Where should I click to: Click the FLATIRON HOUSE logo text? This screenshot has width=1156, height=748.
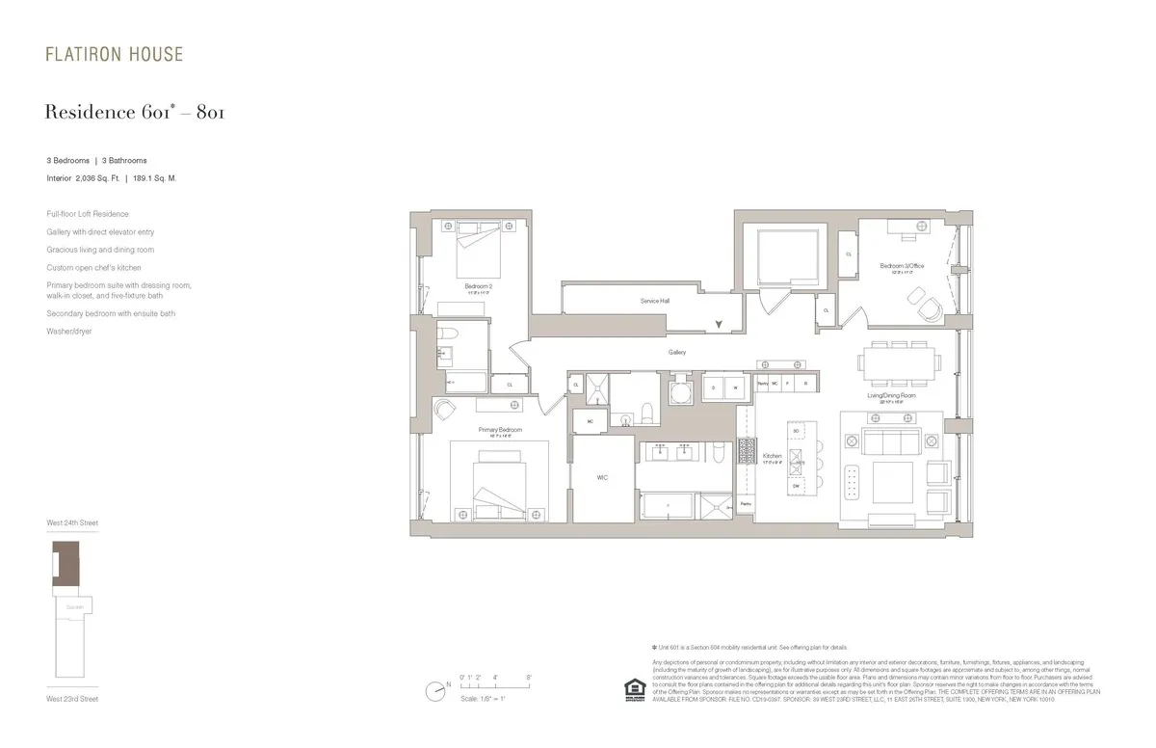(114, 55)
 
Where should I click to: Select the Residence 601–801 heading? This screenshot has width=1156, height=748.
(135, 114)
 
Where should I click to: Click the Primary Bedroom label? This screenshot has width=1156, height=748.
(500, 429)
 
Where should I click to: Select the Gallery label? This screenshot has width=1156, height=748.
(677, 352)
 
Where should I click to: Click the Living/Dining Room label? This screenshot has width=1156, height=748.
(891, 395)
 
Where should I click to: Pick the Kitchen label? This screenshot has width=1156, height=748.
(772, 456)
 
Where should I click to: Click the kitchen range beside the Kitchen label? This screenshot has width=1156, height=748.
(748, 450)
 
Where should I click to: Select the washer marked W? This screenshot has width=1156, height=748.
(735, 387)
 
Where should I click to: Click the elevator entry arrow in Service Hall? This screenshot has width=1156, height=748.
(718, 326)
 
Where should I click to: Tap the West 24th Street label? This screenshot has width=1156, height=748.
(72, 522)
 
